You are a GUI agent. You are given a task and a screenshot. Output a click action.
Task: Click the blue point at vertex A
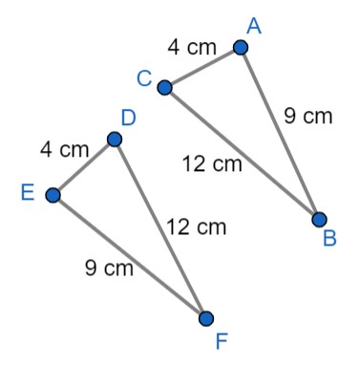click(x=241, y=47)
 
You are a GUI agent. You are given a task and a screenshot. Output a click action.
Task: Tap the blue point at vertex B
click(x=319, y=220)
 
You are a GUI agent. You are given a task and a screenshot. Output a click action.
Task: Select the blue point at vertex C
click(x=164, y=88)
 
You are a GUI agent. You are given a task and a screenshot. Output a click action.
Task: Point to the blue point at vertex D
click(x=115, y=140)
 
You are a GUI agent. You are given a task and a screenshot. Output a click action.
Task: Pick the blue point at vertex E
click(x=53, y=195)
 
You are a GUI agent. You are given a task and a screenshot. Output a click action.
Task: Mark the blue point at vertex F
click(x=205, y=318)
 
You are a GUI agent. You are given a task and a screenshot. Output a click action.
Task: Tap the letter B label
click(x=329, y=239)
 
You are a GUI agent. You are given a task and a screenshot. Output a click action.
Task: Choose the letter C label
click(x=144, y=79)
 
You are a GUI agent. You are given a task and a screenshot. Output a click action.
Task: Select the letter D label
click(x=129, y=118)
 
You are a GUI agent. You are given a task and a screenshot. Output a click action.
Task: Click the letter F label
click(x=222, y=339)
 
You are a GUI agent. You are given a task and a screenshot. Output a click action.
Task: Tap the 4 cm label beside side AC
click(x=193, y=46)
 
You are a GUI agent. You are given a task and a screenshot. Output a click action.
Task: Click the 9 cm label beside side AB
click(x=308, y=117)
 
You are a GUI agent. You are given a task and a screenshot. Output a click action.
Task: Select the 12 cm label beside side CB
click(x=213, y=164)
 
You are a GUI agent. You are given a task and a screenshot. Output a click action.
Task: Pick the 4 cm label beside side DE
click(x=64, y=149)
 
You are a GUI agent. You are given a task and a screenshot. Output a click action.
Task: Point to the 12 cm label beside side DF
click(x=197, y=227)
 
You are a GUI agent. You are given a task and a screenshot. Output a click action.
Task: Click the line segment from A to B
click(x=280, y=134)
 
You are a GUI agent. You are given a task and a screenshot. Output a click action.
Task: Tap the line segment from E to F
click(x=129, y=256)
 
